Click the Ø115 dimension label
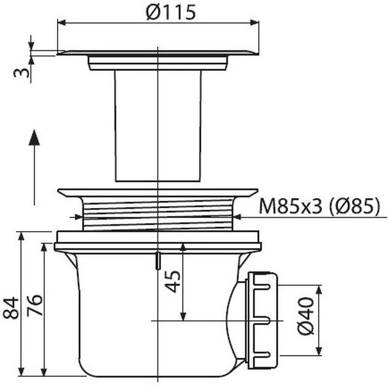[171, 12]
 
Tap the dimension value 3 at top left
[22, 73]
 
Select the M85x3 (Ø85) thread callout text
[320, 206]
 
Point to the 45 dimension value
[173, 281]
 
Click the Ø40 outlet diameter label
[306, 316]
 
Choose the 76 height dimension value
[35, 305]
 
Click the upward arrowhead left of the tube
[34, 138]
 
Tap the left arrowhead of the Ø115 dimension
[61, 23]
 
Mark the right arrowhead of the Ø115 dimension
[255, 23]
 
